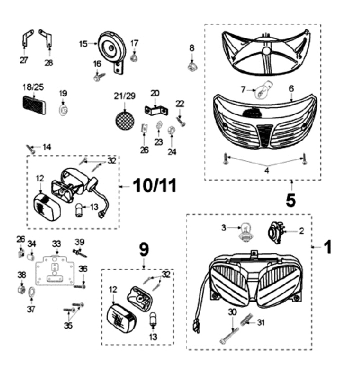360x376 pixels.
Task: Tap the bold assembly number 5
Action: [x=290, y=199]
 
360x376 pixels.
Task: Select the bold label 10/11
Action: [x=155, y=186]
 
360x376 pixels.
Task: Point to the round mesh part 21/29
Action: [x=122, y=120]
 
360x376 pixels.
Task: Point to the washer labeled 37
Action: [x=31, y=291]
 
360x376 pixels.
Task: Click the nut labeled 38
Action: [x=21, y=289]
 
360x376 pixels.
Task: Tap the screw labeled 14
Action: [x=31, y=148]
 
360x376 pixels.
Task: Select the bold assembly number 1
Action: [x=327, y=246]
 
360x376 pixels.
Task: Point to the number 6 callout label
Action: [x=291, y=88]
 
